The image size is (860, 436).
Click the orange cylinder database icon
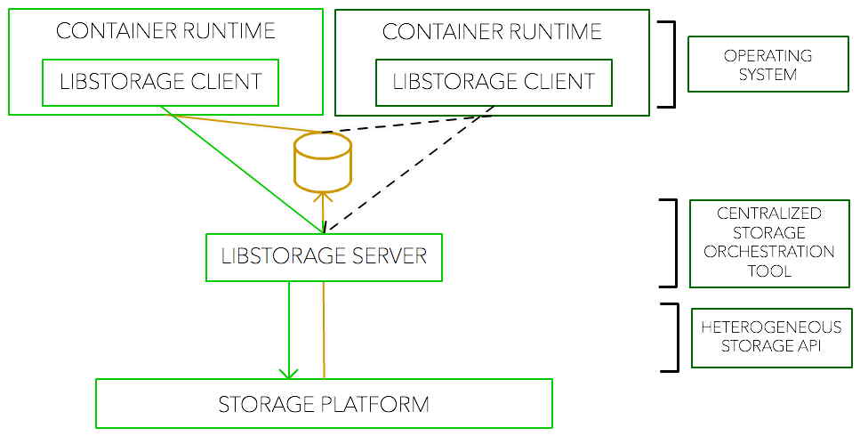(322, 163)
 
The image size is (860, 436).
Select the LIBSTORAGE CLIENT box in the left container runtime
(161, 82)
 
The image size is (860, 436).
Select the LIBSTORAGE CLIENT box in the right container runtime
(494, 82)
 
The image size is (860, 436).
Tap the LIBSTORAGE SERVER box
(324, 256)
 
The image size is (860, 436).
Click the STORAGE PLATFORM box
(324, 404)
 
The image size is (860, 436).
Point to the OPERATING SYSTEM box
(768, 65)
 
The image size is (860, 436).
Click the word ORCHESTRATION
(769, 252)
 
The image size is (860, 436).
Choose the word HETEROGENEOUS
(771, 327)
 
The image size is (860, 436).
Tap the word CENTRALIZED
(769, 214)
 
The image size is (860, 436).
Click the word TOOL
(769, 270)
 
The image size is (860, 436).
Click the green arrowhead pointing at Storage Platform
(288, 372)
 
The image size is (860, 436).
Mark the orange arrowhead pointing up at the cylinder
(323, 198)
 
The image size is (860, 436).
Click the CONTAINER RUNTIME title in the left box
(165, 31)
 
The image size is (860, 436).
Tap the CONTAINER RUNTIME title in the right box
(492, 32)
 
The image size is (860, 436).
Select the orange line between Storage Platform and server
(324, 329)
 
